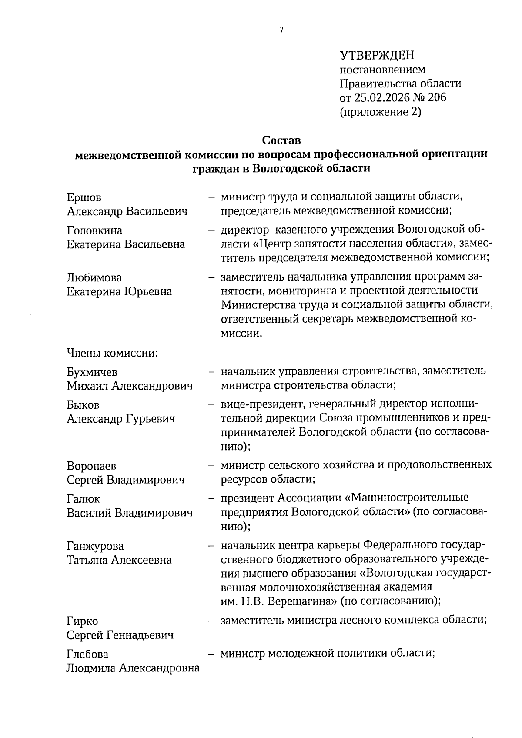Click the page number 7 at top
coord(281,30)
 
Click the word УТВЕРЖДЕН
coord(377,55)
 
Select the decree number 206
coord(437,97)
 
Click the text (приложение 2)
coord(380,112)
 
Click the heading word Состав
coord(281,141)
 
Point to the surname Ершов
coord(84,197)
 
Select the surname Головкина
coord(94,230)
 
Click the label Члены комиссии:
coord(112,353)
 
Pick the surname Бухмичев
coord(92,372)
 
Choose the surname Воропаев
coord(91,466)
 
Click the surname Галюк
coord(83,499)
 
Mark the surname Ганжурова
coord(95,546)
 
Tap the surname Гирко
coord(82,621)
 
